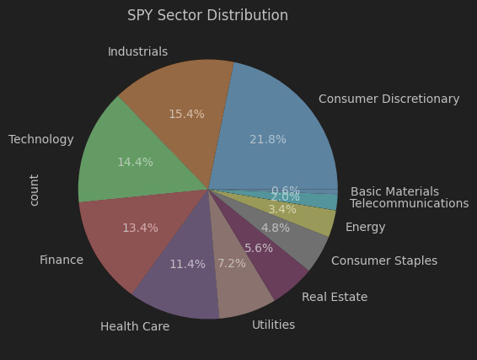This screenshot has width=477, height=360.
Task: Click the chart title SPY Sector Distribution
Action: [x=207, y=15]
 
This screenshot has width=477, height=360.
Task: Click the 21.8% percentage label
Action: [x=268, y=139]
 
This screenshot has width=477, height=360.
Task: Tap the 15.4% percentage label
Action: [x=186, y=114]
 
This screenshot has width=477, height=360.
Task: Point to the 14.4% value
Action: [x=135, y=162]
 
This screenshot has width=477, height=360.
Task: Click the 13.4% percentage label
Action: [x=140, y=228]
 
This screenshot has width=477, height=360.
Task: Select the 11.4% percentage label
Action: [x=187, y=264]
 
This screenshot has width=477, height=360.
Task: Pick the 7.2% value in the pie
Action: [x=232, y=263]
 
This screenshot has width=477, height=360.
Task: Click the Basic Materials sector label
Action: [x=394, y=191]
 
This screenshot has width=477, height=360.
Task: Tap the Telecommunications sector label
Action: [x=409, y=203]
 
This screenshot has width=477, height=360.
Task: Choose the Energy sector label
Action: [x=365, y=227]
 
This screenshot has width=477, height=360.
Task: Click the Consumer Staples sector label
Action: [x=383, y=261]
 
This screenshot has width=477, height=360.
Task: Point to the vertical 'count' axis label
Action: [x=35, y=190]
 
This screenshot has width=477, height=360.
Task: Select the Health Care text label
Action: [x=135, y=326]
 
